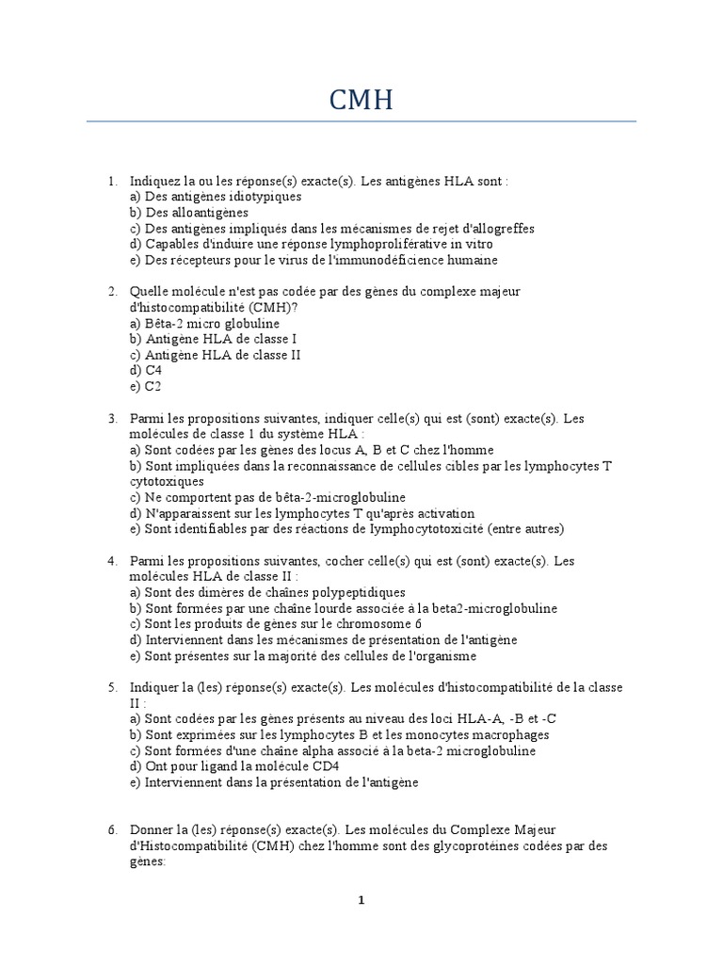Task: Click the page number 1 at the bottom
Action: point(361,900)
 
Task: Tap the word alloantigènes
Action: point(208,213)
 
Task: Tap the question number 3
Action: point(111,418)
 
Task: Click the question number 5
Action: point(111,687)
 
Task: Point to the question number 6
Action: point(111,829)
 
